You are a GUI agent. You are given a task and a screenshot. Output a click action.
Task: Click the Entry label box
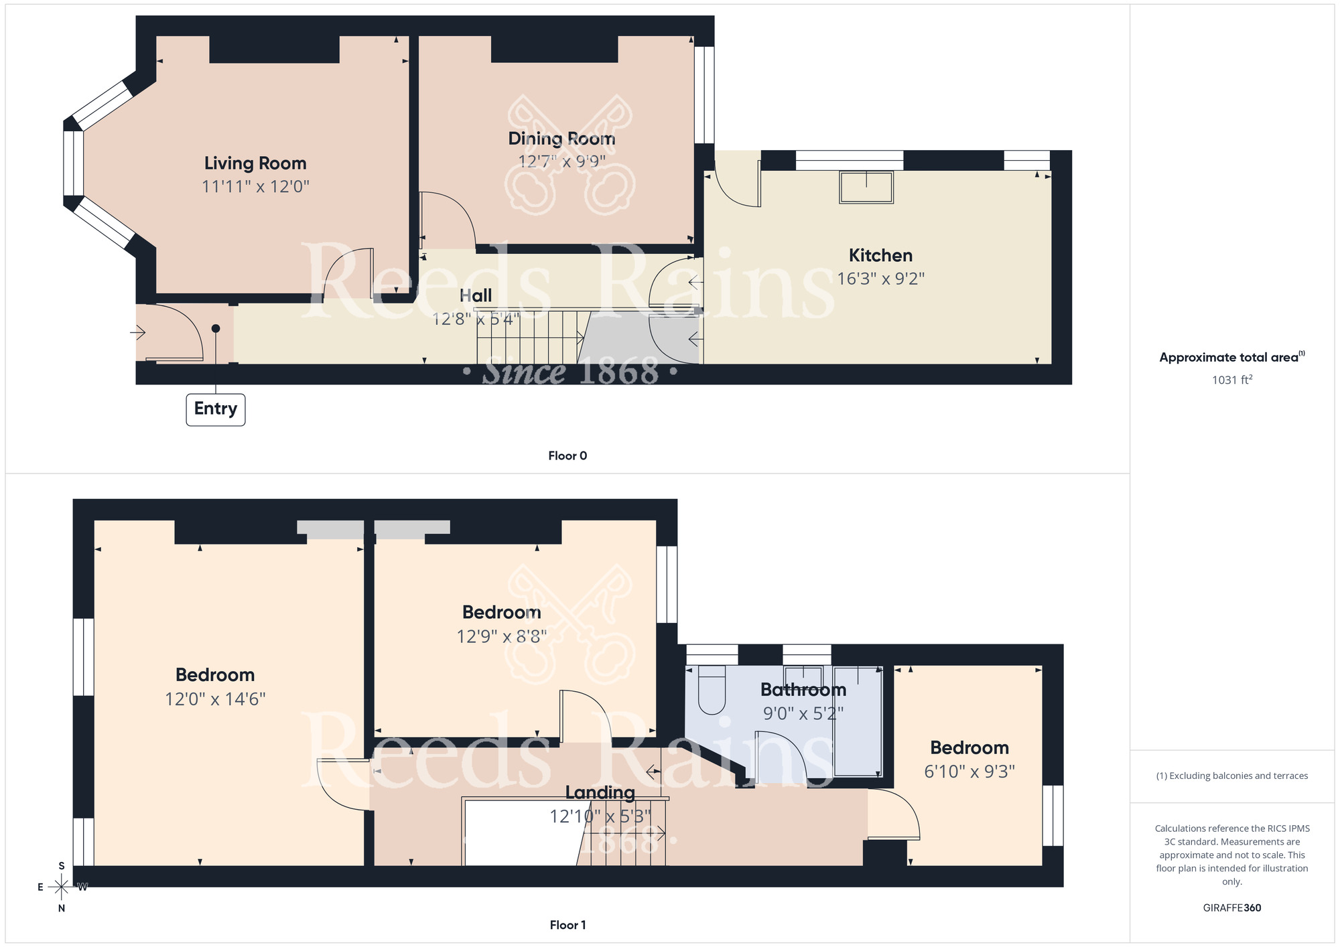(215, 409)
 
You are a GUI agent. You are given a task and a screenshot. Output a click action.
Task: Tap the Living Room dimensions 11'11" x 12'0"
(255, 186)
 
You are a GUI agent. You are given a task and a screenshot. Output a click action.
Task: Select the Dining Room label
(561, 139)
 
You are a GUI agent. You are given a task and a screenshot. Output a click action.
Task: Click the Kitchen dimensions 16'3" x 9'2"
(880, 279)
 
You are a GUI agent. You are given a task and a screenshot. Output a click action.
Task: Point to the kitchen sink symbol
(866, 187)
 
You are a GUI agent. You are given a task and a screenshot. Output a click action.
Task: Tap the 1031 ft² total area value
(1231, 380)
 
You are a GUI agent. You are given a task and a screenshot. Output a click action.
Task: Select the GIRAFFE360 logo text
(1231, 908)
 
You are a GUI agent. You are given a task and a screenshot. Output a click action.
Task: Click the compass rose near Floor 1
(62, 887)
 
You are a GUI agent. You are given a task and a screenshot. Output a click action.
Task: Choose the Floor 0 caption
(567, 456)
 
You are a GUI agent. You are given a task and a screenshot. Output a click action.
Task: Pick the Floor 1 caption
(567, 925)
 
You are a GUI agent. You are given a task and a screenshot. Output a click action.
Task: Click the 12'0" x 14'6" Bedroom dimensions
(215, 699)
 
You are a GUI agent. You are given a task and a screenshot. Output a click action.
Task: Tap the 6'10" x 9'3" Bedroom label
(969, 748)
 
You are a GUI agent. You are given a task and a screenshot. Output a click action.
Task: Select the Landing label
(600, 793)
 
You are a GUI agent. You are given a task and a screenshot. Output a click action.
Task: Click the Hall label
(476, 296)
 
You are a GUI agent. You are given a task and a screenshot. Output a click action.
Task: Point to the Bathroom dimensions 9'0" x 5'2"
(803, 714)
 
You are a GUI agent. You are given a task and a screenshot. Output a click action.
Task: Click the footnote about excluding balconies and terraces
(1231, 776)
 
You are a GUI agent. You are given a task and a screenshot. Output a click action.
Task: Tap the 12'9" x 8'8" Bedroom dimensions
(501, 636)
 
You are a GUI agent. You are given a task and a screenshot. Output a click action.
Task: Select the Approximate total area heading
(1231, 358)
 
